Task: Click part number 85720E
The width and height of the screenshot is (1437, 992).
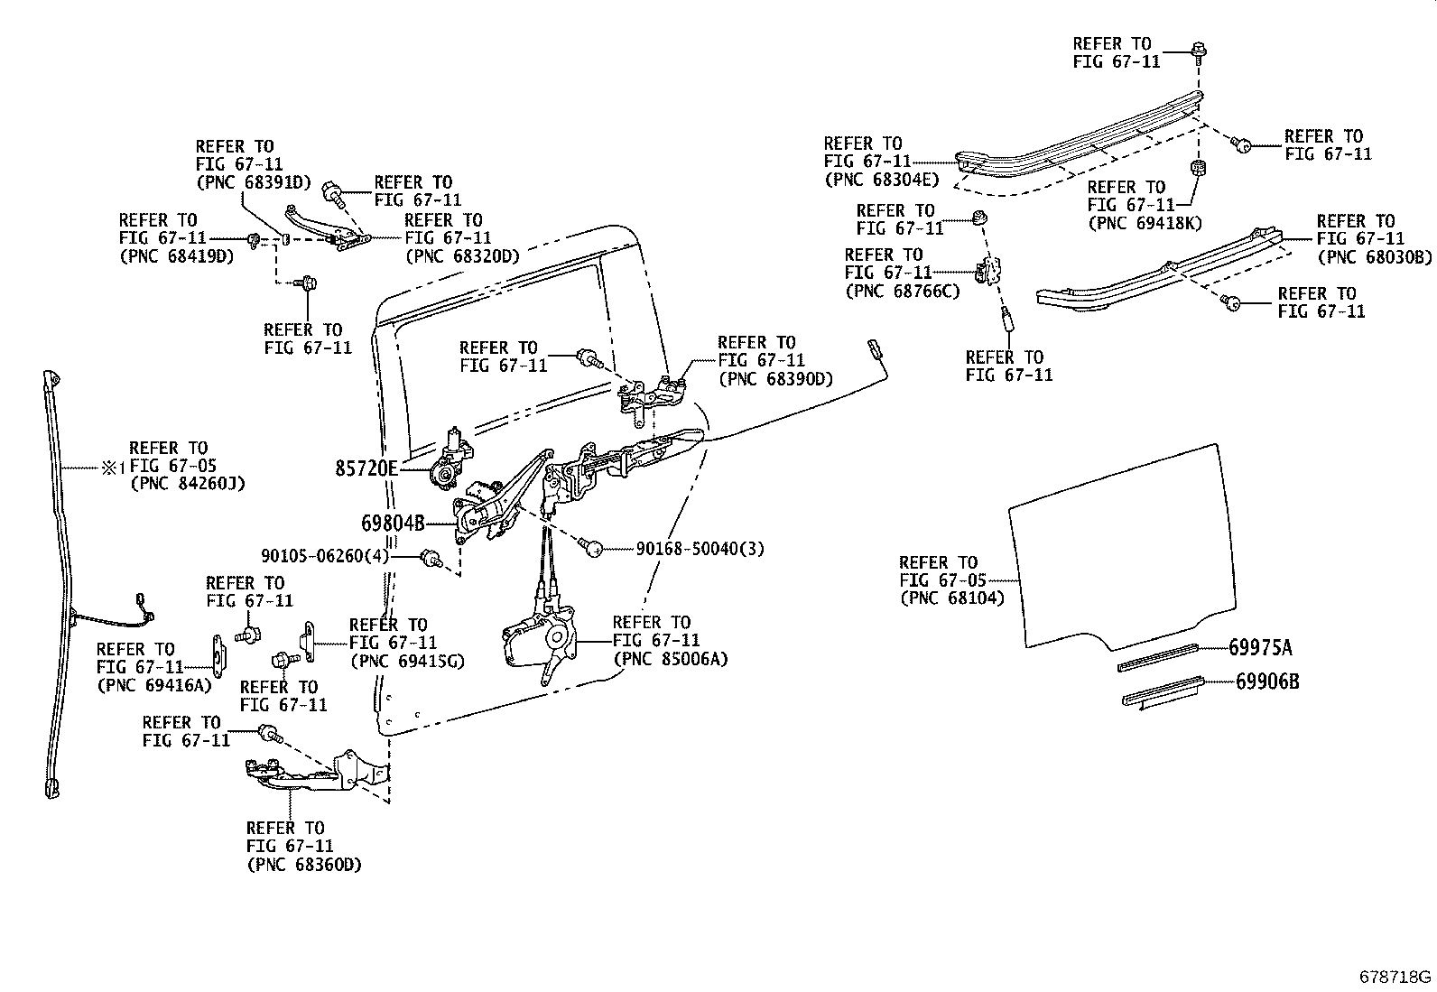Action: pos(366,469)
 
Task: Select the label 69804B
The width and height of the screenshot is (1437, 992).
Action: pos(393,524)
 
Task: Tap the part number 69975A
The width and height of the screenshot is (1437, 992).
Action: pos(1260,647)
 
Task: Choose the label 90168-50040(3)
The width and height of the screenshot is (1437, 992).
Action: pos(700,548)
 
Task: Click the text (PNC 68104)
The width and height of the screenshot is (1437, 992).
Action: pos(951,598)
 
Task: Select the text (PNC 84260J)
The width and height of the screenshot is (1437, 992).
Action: pos(188,483)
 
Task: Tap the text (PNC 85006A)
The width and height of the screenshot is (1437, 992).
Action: pos(670,658)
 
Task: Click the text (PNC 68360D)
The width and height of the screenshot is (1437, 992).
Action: pos(303,864)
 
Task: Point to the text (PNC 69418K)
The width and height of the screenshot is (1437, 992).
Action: pos(1145,222)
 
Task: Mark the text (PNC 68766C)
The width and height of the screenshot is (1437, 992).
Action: pos(903,290)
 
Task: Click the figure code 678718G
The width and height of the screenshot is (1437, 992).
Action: pos(1395,977)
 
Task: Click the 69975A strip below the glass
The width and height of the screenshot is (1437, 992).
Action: pos(1157,657)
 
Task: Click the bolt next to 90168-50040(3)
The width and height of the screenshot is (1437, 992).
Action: pos(593,546)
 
